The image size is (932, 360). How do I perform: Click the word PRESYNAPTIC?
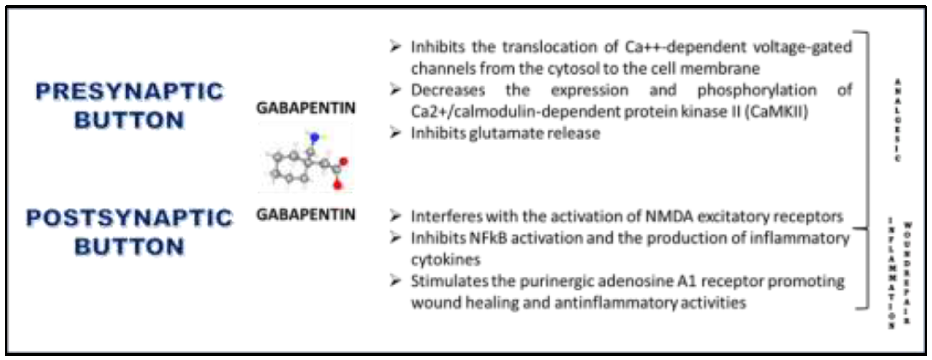pos(129,91)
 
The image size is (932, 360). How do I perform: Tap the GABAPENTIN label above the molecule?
pos(306,108)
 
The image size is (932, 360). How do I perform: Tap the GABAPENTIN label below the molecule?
pos(306,214)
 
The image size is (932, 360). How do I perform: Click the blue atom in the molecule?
pos(314,137)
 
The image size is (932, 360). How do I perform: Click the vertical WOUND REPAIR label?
pos(907,273)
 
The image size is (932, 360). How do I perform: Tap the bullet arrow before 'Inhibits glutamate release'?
pos(395,133)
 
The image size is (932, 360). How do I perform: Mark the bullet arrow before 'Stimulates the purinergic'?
pos(395,281)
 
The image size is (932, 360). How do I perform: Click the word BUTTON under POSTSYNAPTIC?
pos(129,247)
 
